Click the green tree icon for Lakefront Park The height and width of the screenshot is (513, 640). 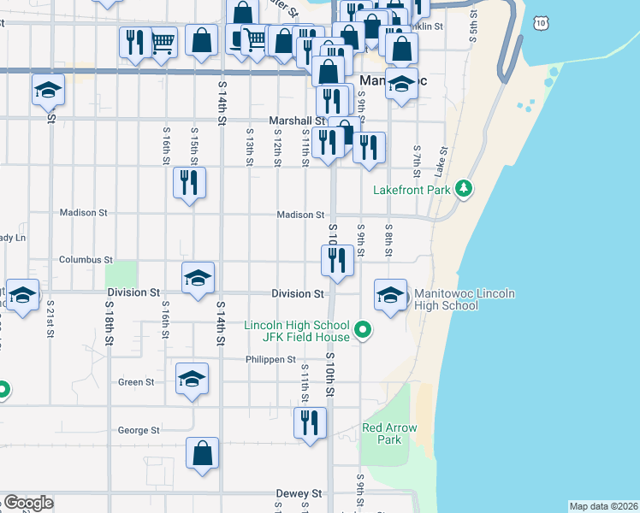click(464, 188)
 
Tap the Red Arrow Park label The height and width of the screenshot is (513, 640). click(382, 433)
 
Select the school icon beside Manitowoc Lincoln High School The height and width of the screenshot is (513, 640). click(391, 295)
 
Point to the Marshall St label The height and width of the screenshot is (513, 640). click(297, 121)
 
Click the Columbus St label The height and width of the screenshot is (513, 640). click(86, 259)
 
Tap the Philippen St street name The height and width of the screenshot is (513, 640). click(270, 360)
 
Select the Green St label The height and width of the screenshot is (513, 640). click(137, 382)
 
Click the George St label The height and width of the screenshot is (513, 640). click(139, 431)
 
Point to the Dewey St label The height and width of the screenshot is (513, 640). click(299, 493)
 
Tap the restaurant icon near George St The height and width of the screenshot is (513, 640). click(310, 422)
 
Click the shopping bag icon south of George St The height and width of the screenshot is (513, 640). click(202, 453)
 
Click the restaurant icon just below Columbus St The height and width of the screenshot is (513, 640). click(338, 259)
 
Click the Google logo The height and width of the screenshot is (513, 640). click(28, 503)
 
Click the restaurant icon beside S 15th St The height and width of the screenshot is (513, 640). click(189, 182)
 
